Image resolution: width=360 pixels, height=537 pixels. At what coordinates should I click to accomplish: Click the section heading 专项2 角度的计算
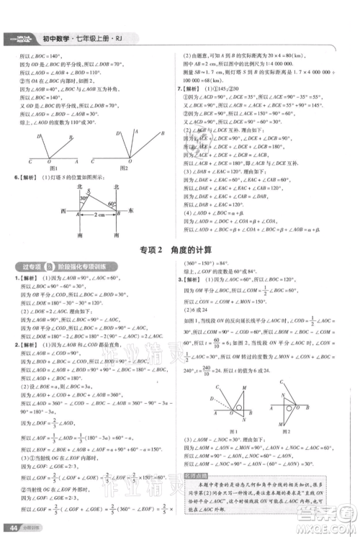[x=179, y=250]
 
